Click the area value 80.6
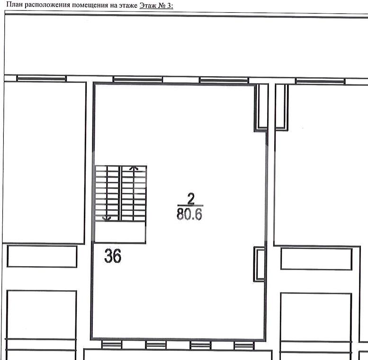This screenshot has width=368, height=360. coord(189,214)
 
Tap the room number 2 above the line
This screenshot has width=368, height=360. coord(191,198)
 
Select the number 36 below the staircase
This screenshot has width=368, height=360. coord(113,256)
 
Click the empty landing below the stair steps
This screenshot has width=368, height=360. coord(120,232)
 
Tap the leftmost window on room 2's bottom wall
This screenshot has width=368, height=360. coord(112,345)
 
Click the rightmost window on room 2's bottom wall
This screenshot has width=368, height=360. coord(244,345)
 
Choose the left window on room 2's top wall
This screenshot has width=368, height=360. coord(138,80)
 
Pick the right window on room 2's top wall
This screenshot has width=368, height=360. coord(224,80)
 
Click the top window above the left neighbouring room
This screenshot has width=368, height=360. coord(42,78)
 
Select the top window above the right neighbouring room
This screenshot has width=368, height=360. coord(320,81)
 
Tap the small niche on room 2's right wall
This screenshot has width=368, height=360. coord(260,264)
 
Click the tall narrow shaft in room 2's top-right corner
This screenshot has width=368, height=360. coord(261,107)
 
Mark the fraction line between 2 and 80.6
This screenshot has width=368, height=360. coord(190,206)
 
